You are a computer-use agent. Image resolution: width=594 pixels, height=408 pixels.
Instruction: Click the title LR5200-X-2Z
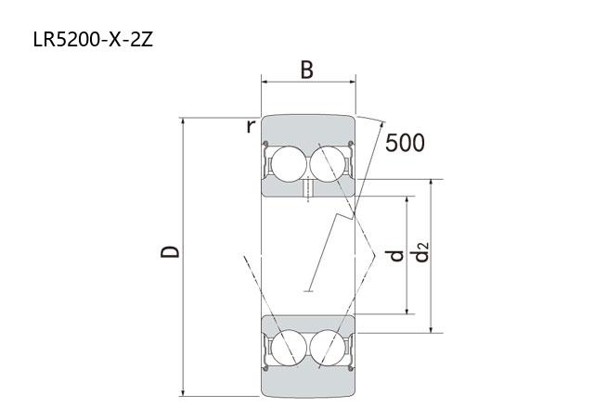(x=93, y=39)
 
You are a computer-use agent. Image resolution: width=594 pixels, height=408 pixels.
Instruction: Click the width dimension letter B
(x=307, y=70)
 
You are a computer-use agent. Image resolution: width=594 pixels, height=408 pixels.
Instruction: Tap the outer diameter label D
(x=170, y=251)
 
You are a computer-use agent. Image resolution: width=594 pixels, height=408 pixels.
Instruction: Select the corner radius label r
(x=251, y=126)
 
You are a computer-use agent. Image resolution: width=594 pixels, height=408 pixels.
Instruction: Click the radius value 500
(x=405, y=143)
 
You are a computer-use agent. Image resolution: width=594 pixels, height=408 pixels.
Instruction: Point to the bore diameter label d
(x=396, y=256)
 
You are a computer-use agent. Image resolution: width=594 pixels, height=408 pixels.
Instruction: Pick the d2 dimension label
(x=420, y=252)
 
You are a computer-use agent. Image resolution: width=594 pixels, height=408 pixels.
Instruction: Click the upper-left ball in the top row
(x=289, y=164)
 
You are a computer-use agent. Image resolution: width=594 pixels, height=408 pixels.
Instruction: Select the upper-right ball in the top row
(x=328, y=164)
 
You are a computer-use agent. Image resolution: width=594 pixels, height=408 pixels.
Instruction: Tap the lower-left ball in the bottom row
(x=289, y=348)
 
